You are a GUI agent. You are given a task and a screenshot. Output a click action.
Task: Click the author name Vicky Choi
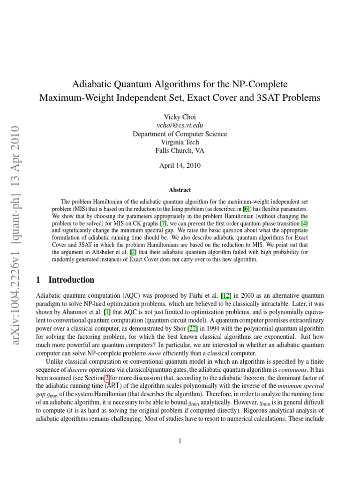pyautogui.click(x=180, y=117)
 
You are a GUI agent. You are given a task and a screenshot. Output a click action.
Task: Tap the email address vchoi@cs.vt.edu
pyautogui.click(x=180, y=125)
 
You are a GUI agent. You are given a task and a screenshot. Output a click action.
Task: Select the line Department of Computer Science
pyautogui.click(x=180, y=134)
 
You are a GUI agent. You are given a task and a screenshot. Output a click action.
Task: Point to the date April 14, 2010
pyautogui.click(x=180, y=166)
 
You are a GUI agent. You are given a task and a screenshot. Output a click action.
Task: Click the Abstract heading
pyautogui.click(x=180, y=190)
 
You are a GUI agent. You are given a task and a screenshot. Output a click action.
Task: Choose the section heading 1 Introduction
pyautogui.click(x=65, y=280)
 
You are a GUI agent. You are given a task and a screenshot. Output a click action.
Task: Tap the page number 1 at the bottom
pyautogui.click(x=180, y=441)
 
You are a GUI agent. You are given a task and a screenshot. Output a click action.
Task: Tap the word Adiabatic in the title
pyautogui.click(x=90, y=84)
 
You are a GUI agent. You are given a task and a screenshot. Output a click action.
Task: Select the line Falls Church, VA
pyautogui.click(x=180, y=150)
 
